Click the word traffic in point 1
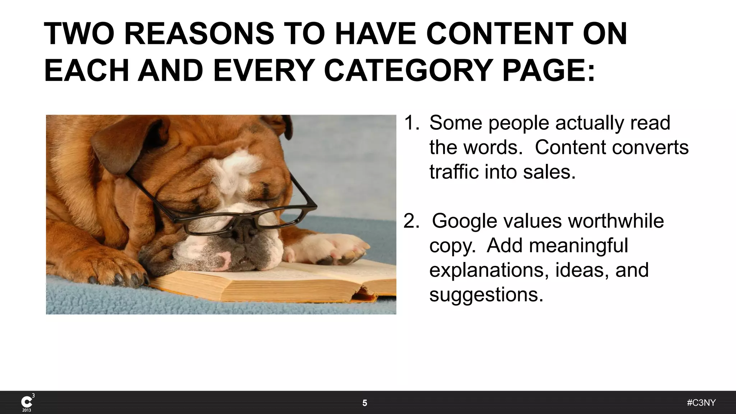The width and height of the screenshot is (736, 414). point(454,172)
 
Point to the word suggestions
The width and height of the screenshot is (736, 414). point(486,295)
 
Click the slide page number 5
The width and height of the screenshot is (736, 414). point(365,403)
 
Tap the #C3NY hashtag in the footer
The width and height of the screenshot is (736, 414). point(701,403)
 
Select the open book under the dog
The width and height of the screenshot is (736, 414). point(273,284)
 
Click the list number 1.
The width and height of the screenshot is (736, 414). point(411,123)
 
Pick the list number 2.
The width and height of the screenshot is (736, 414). point(411,221)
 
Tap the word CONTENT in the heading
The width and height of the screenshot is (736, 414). point(500,34)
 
